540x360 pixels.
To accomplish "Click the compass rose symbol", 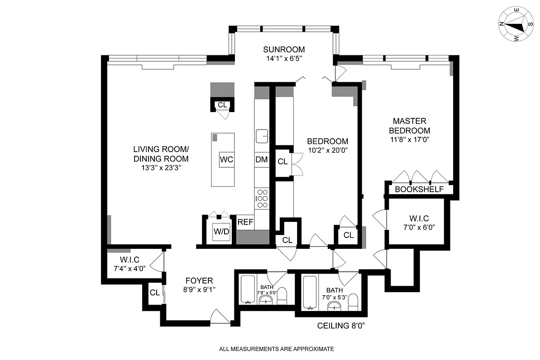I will pyautogui.click(x=515, y=26).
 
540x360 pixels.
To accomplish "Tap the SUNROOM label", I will pyautogui.click(x=284, y=49).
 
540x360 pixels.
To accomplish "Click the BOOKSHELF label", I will pyautogui.click(x=419, y=189).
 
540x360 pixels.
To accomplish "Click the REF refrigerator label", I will pyautogui.click(x=245, y=222).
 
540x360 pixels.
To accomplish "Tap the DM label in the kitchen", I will pyautogui.click(x=261, y=159).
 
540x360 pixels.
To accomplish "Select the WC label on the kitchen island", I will pyautogui.click(x=227, y=159).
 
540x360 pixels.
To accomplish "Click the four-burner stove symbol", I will pyautogui.click(x=262, y=198).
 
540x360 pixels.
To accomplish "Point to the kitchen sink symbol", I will pyautogui.click(x=262, y=135).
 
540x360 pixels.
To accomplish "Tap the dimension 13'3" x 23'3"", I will pyautogui.click(x=161, y=168).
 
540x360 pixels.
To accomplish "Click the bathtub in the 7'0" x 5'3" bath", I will pyautogui.click(x=310, y=293).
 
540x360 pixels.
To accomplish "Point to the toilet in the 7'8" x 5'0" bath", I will pyautogui.click(x=282, y=296).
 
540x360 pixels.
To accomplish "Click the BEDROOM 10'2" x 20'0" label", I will pyautogui.click(x=327, y=145).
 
